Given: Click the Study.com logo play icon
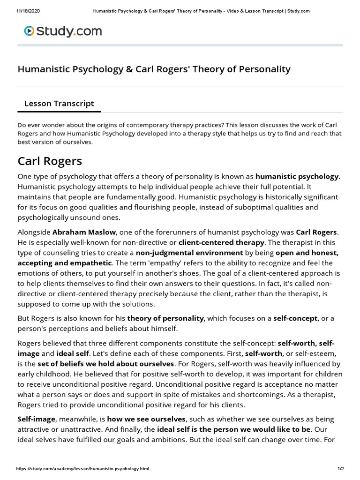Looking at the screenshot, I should click(x=29, y=31).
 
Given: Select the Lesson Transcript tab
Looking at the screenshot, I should click(x=59, y=104).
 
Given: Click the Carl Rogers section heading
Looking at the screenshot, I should click(x=50, y=161).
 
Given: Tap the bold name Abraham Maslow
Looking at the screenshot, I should click(x=84, y=232).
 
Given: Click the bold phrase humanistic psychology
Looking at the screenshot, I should click(x=297, y=177).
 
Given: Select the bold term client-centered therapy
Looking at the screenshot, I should click(x=222, y=242).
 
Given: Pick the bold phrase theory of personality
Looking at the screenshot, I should click(x=165, y=318).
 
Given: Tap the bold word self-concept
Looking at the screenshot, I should click(x=295, y=318).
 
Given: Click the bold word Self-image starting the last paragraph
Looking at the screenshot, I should click(x=37, y=419).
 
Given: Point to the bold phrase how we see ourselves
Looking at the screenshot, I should click(x=147, y=419).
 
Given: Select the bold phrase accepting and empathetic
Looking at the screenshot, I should click(x=65, y=263).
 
